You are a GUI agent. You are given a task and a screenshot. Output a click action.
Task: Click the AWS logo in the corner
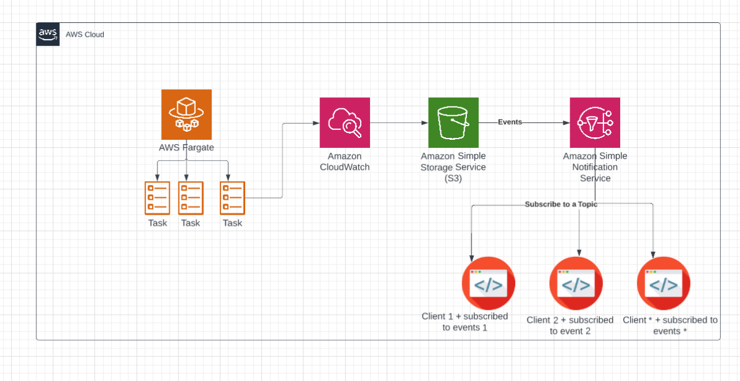[48, 34]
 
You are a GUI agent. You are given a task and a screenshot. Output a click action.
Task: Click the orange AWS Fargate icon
[187, 114]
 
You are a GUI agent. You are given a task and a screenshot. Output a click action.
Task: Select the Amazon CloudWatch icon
[345, 122]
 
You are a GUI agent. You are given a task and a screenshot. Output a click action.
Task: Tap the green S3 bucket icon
[453, 122]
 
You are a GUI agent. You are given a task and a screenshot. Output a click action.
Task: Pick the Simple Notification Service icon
[595, 122]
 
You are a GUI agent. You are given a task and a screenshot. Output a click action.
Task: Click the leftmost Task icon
[157, 197]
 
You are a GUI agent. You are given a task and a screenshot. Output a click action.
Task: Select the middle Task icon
[191, 197]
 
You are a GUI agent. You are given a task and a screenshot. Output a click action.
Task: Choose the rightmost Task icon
[233, 197]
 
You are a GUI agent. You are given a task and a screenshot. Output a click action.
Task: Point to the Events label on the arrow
[510, 122]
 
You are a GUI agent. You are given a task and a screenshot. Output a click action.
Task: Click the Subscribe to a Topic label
[561, 204]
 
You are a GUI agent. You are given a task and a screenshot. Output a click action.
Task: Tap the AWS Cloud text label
[85, 35]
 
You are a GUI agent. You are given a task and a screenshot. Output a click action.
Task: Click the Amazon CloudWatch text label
[345, 161]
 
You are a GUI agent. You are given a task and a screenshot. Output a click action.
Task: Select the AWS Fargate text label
[187, 147]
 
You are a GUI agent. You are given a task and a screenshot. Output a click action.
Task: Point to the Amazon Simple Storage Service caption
[453, 167]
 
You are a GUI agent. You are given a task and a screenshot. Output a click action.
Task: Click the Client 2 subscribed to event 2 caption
[570, 325]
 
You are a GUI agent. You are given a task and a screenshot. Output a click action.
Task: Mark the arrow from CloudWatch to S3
[399, 122]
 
